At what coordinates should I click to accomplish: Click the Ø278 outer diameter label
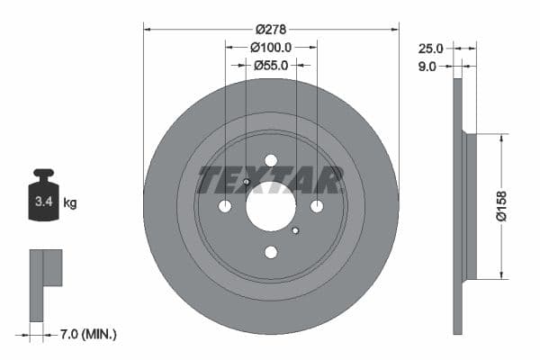coord(270,29)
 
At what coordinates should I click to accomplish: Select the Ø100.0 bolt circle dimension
coord(271,47)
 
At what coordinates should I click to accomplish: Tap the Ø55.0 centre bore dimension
coord(270,65)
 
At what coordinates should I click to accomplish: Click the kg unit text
coord(70,203)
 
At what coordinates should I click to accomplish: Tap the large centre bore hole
coord(270,206)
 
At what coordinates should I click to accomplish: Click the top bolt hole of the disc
coord(271,160)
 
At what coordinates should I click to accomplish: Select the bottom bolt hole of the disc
coord(271,252)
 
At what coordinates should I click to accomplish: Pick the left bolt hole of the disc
coord(225,206)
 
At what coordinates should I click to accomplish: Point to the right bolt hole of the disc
coord(317,206)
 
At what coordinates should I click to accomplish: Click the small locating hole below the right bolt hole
coord(295,231)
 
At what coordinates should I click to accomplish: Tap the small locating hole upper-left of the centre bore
coord(246,182)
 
